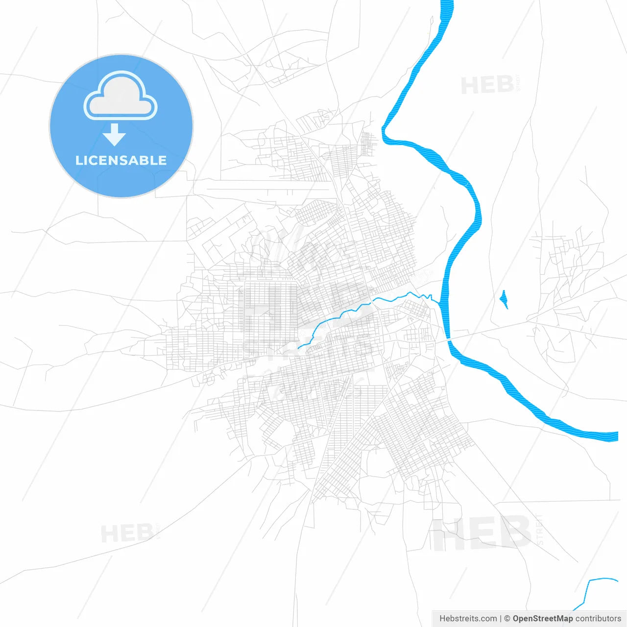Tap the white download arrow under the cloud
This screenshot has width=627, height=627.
pos(115,135)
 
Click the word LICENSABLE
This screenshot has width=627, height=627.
pos(121,160)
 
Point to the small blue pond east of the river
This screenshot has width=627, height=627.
pos(504,299)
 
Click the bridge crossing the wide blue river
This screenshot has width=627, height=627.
pos(448,338)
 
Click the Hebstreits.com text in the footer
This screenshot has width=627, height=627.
pos(468,619)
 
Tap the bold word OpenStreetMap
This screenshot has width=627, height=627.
pos(542,619)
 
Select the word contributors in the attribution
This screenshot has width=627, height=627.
pos(598,619)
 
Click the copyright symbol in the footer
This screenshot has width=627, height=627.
pos(507,619)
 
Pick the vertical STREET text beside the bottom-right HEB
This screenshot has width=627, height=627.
pos(540,529)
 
